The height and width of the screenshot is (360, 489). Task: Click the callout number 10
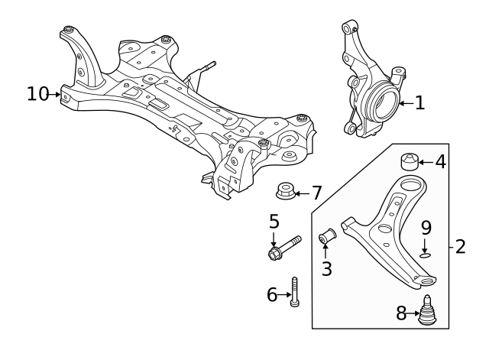tap(37, 94)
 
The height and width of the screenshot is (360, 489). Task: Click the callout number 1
tap(419, 102)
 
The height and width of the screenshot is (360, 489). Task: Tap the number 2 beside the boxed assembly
tap(459, 247)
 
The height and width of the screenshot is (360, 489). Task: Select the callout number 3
tap(327, 268)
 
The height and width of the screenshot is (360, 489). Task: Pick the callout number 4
tap(440, 161)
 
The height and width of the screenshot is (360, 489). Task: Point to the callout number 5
tap(274, 222)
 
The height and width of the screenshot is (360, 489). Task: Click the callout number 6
tap(272, 294)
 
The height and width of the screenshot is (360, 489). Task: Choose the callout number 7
tap(316, 192)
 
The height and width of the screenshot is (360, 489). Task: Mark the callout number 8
tap(401, 312)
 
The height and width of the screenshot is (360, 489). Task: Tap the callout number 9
tap(426, 227)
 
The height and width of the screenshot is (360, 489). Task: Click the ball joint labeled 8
tap(428, 310)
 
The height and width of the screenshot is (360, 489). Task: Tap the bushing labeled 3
tap(328, 238)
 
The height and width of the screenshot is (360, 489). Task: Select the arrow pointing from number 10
tap(56, 95)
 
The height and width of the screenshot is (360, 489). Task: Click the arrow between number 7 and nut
tap(301, 192)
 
